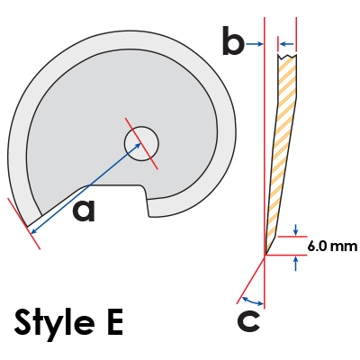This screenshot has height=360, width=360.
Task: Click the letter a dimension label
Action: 84,211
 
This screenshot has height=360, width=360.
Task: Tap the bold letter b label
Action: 233,40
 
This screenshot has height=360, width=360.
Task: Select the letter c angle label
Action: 248,321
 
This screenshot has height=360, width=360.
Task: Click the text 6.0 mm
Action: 332,247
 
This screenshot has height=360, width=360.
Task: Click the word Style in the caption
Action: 54,323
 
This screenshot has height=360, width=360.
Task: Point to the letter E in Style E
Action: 115,322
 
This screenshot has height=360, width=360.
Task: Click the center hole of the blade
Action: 141,144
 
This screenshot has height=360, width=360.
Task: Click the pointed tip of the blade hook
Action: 28,227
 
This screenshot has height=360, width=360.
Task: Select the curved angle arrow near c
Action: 253,301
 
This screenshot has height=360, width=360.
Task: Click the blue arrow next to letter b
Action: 255,44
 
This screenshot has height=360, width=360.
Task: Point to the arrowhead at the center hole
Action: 139,146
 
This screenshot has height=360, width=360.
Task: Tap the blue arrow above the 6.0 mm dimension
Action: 296,230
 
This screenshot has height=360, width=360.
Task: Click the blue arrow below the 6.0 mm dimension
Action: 296,264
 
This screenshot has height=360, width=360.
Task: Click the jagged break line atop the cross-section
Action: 287,56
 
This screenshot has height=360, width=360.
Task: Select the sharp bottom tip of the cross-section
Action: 265,255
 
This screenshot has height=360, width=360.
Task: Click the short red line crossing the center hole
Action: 141,143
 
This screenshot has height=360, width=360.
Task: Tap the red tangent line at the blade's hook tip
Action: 23,223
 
